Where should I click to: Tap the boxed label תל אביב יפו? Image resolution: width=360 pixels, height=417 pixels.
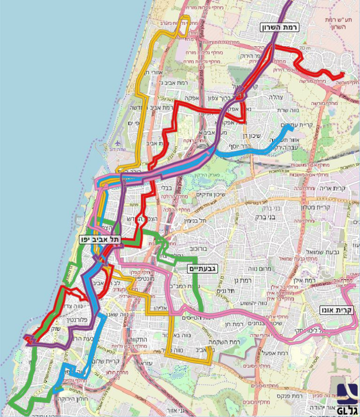[100, 239]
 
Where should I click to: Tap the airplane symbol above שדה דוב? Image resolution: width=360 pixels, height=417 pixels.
[118, 143]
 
